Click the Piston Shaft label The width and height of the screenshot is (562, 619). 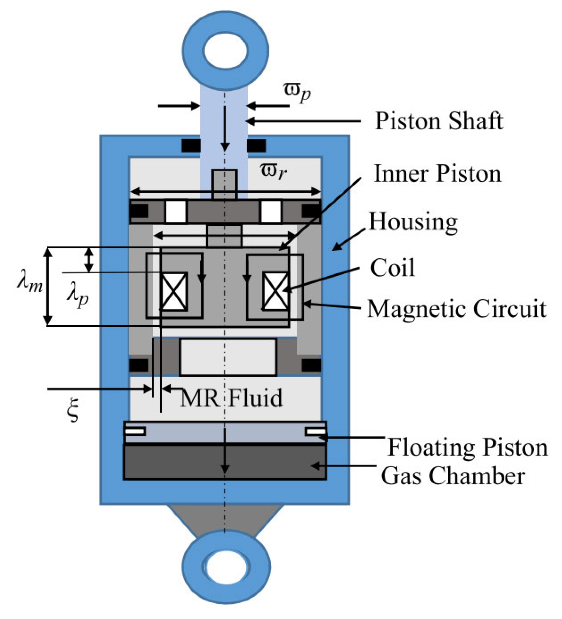(438, 121)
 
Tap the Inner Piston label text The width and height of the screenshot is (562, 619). (437, 174)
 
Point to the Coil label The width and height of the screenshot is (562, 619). (392, 268)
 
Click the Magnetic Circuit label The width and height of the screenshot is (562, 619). (457, 309)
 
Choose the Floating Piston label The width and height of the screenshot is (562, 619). (467, 448)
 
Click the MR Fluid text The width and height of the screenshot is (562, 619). (231, 398)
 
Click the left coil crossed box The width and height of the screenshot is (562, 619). (174, 292)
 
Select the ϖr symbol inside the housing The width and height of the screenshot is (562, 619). (273, 171)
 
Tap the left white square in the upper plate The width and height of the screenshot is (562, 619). (176, 211)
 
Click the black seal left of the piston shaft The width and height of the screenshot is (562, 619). (191, 145)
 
